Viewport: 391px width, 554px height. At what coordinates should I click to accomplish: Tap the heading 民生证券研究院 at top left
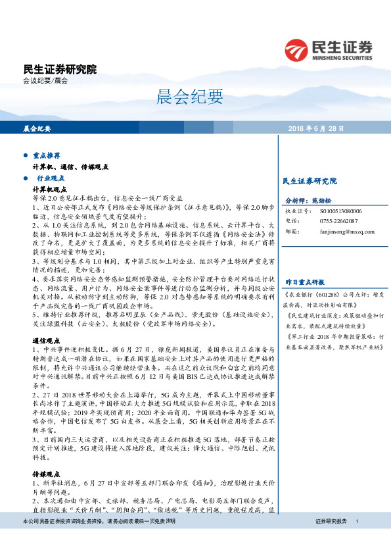(59, 69)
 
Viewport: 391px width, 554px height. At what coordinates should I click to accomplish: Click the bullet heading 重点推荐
(46, 156)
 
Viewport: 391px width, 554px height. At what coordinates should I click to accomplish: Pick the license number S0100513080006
(340, 211)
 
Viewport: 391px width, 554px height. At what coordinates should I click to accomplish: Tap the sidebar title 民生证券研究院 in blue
(309, 180)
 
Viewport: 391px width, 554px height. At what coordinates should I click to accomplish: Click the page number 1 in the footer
(356, 540)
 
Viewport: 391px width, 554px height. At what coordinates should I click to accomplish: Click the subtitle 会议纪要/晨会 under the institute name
(45, 80)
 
